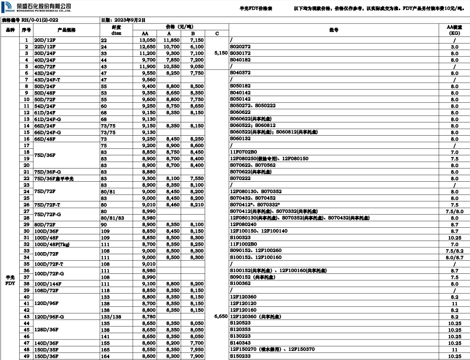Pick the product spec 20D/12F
pos(45,40)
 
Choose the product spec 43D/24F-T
pos(47,80)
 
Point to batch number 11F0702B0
pos(244,152)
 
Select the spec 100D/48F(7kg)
pos(52,244)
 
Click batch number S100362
pos(240,284)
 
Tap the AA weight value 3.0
pos(454,47)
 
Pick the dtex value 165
pos(105,349)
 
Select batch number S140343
pos(240,343)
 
